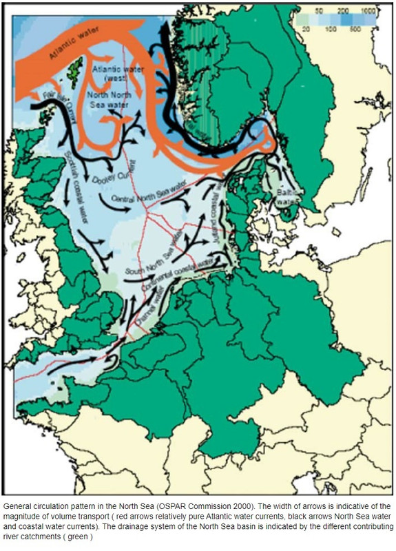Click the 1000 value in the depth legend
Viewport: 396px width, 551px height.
(x=366, y=12)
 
